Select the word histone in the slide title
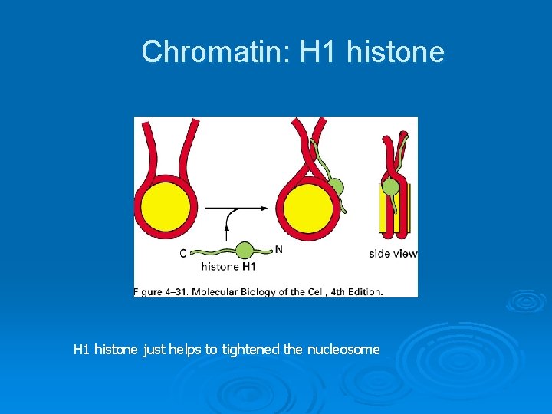(396, 52)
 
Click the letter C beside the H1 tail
(182, 253)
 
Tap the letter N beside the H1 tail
(278, 248)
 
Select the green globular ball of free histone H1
(245, 250)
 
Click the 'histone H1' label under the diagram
(228, 267)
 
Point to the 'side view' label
(393, 253)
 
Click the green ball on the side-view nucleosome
(391, 186)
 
